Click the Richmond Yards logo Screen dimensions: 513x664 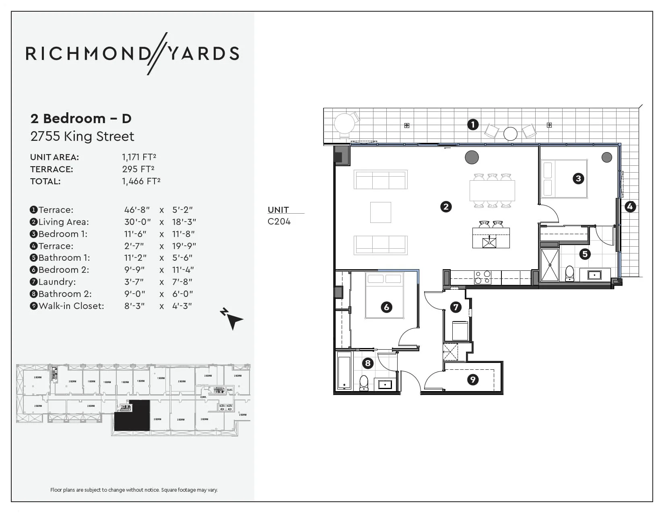[x=132, y=54]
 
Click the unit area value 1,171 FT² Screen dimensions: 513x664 [x=139, y=157]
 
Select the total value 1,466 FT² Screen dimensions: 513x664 [x=141, y=181]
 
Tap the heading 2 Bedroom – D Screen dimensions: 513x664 [x=81, y=118]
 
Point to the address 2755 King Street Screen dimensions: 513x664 [x=82, y=136]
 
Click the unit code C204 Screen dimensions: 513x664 [x=279, y=221]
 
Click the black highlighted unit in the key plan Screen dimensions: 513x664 [x=132, y=416]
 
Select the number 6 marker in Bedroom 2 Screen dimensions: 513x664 [x=386, y=307]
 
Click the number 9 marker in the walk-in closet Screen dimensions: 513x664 [x=472, y=379]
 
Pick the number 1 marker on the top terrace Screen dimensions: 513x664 [x=473, y=124]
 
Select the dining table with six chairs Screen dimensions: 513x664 [x=492, y=191]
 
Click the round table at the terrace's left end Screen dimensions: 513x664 [x=345, y=124]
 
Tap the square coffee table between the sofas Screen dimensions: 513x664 [x=380, y=212]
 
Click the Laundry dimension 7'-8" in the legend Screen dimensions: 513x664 [x=182, y=282]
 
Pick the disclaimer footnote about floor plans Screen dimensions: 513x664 [x=134, y=490]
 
